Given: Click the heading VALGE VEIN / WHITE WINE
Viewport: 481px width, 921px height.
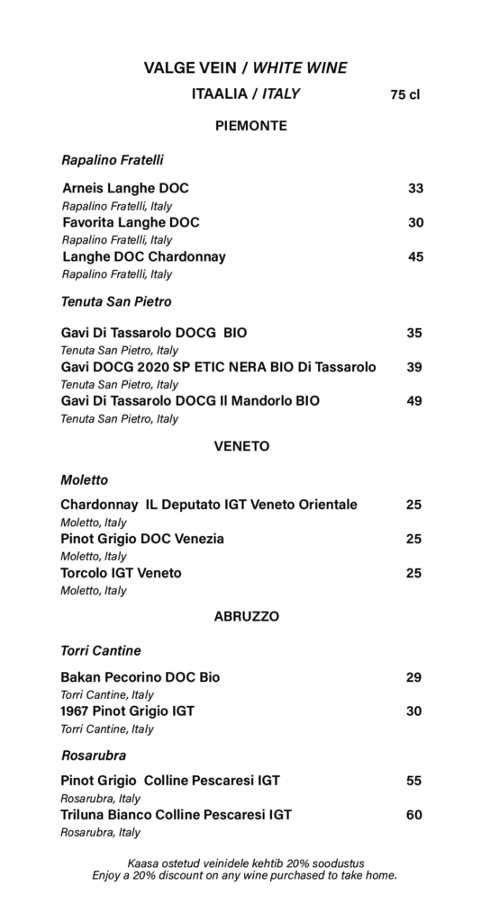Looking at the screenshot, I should (x=245, y=67).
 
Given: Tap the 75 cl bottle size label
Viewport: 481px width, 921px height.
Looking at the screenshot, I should (x=405, y=94).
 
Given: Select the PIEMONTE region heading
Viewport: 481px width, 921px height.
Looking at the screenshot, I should (x=251, y=126).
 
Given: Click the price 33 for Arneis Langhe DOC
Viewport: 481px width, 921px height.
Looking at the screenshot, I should (x=415, y=188).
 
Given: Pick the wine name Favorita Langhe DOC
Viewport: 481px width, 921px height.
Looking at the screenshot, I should (x=131, y=222).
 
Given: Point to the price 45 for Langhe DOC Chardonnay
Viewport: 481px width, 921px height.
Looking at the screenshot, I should (x=415, y=256).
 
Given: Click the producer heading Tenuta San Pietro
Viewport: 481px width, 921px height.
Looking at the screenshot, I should (x=116, y=301).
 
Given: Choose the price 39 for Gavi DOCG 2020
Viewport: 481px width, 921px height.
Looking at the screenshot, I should (x=414, y=367).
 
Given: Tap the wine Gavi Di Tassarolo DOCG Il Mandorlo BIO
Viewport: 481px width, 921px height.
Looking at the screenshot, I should (x=190, y=401).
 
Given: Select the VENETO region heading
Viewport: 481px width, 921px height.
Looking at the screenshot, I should (x=242, y=445).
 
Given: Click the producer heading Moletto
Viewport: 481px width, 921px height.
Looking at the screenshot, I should (x=85, y=480).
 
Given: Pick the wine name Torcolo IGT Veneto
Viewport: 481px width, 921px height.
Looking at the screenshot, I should (x=121, y=573).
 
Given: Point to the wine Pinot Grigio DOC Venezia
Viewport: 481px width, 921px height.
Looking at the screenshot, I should (x=142, y=539).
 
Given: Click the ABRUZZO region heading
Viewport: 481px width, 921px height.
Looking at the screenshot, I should (x=247, y=616).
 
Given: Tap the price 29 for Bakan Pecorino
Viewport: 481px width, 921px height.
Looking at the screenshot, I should (x=413, y=676).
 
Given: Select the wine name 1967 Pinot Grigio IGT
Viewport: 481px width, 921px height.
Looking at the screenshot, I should (x=127, y=711).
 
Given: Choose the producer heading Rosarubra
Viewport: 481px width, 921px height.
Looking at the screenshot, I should (x=94, y=756).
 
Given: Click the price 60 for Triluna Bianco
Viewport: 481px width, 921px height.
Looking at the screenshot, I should (x=413, y=815).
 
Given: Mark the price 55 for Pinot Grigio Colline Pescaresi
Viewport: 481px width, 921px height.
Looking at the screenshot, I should (x=413, y=781).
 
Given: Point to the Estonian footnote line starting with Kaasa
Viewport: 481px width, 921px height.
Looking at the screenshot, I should (x=246, y=863).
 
